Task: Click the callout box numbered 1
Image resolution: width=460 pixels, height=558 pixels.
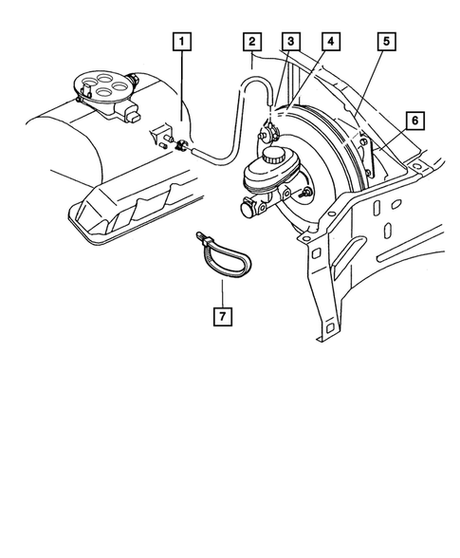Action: (181, 42)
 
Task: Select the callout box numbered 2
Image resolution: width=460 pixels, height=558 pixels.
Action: (251, 42)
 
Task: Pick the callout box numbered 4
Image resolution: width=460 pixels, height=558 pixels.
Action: (329, 42)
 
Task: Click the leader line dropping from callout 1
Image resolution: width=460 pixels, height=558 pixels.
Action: (181, 95)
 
